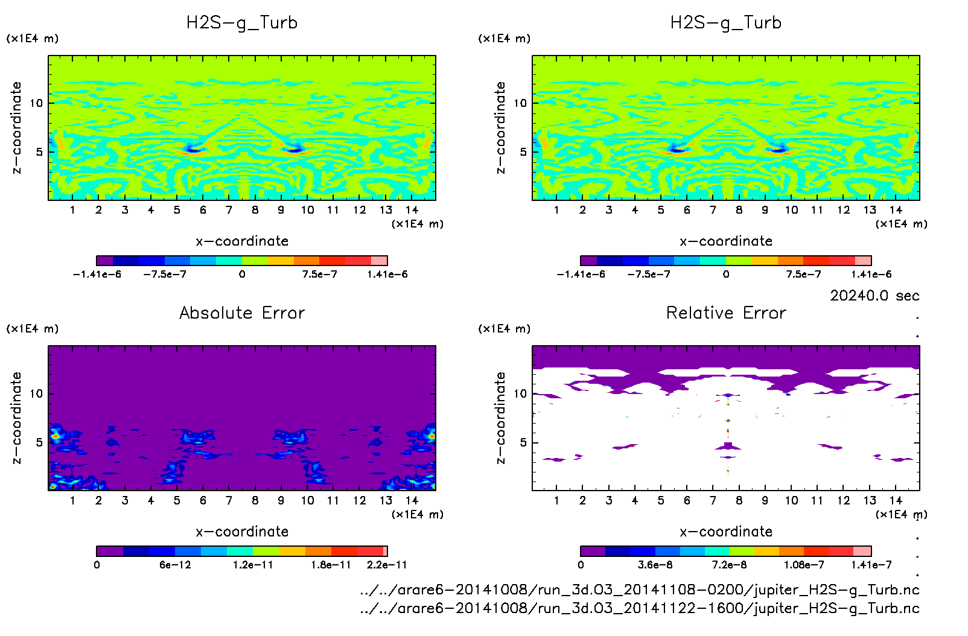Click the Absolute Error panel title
(242, 313)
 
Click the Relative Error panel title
(726, 313)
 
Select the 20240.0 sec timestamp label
(874, 296)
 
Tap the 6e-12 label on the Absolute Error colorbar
(175, 565)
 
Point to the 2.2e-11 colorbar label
(387, 565)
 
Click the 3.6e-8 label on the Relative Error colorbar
(655, 565)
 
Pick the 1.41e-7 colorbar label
(871, 565)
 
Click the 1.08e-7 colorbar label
(804, 565)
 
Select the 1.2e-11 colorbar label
(253, 565)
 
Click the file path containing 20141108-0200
(640, 590)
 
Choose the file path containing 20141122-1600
(640, 608)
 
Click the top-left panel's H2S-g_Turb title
(242, 23)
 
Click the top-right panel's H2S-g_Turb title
(726, 23)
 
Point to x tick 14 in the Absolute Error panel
(412, 500)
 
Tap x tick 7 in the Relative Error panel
(713, 500)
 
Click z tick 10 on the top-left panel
(37, 103)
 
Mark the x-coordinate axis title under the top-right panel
(726, 241)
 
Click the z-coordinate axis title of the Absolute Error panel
(17, 418)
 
